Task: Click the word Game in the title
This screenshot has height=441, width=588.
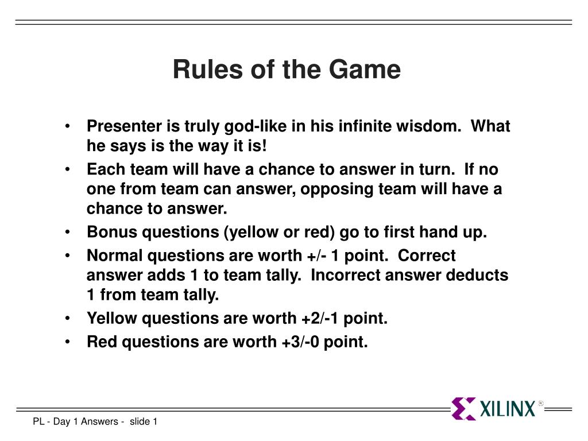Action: (x=365, y=69)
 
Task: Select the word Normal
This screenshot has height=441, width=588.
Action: (x=115, y=256)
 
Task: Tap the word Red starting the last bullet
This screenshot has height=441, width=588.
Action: (x=102, y=342)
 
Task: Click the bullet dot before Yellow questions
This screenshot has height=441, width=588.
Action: (x=68, y=318)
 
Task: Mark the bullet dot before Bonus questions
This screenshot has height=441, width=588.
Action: (x=68, y=232)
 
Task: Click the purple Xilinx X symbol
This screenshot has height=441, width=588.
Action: (x=463, y=408)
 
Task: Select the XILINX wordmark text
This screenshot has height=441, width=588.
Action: (x=508, y=409)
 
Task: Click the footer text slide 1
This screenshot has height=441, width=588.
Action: (x=143, y=421)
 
